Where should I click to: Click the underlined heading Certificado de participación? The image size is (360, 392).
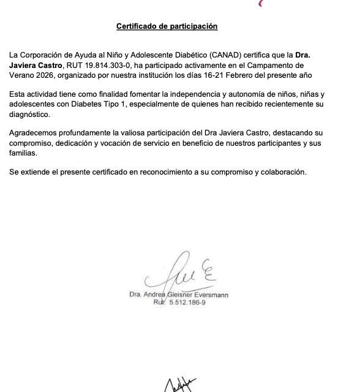(x=167, y=26)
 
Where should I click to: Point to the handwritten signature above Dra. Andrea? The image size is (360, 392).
(x=183, y=273)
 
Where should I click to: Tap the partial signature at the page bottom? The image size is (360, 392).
(x=179, y=384)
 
